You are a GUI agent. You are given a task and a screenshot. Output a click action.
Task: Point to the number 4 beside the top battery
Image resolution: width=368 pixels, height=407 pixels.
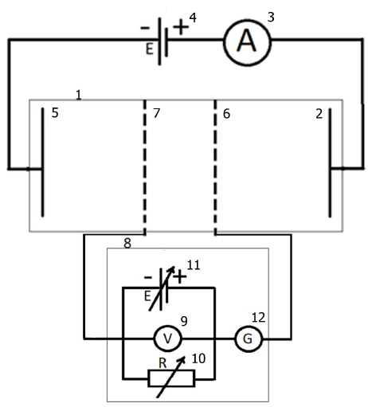193,18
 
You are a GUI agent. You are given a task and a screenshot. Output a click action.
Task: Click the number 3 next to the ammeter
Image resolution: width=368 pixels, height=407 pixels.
271,17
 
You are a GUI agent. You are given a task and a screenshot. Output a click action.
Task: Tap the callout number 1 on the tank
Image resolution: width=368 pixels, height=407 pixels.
78,95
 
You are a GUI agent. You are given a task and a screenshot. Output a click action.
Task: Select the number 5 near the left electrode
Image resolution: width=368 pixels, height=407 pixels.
55,113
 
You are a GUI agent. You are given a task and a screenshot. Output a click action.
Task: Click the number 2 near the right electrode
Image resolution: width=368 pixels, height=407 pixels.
319,114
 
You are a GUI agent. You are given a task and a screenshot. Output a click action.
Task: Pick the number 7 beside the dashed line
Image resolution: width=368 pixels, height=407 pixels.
157,113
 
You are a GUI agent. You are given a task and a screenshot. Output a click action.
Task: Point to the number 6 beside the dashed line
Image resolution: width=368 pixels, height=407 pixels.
226,114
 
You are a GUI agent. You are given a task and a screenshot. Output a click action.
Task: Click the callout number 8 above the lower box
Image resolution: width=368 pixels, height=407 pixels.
127,243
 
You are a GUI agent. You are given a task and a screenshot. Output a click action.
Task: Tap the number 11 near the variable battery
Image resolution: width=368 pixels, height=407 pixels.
194,265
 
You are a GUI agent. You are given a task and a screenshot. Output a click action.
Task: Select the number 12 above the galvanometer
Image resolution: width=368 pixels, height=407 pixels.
258,318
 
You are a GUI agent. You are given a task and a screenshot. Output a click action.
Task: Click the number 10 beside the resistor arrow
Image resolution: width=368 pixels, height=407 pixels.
198,358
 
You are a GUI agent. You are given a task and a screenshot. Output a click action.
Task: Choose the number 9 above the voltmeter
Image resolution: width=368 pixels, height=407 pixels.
184,321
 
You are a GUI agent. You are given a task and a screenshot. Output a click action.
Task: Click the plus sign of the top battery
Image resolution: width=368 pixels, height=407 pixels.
181,27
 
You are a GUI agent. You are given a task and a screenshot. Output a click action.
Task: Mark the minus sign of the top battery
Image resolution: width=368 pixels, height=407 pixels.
145,27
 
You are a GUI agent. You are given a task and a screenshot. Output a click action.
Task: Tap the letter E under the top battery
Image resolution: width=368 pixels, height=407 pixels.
150,49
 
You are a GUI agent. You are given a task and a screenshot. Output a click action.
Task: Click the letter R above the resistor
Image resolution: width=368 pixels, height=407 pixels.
162,363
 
